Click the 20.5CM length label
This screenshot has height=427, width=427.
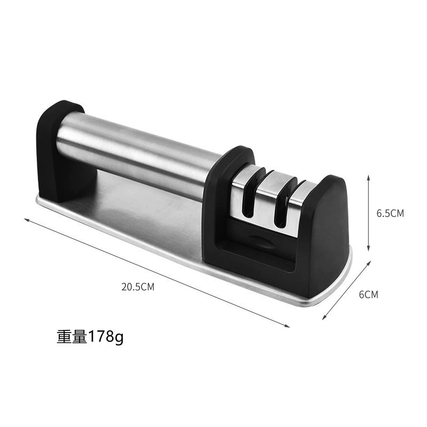point(138,287)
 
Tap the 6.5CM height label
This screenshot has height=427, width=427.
point(390,213)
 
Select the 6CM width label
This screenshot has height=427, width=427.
point(368,295)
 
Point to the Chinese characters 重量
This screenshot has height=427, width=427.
point(72,337)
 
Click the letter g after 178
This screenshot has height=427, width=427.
point(117,338)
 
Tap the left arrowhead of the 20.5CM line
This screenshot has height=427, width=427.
point(26,220)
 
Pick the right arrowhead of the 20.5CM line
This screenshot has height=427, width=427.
point(287,326)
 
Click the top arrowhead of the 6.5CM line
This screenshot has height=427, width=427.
point(368,177)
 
